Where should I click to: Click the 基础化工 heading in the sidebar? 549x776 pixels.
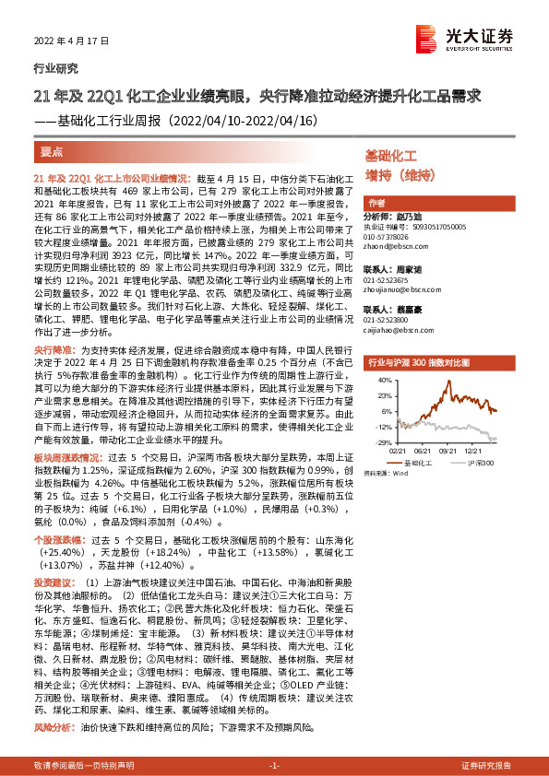391,158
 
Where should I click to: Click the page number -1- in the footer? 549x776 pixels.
273,766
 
